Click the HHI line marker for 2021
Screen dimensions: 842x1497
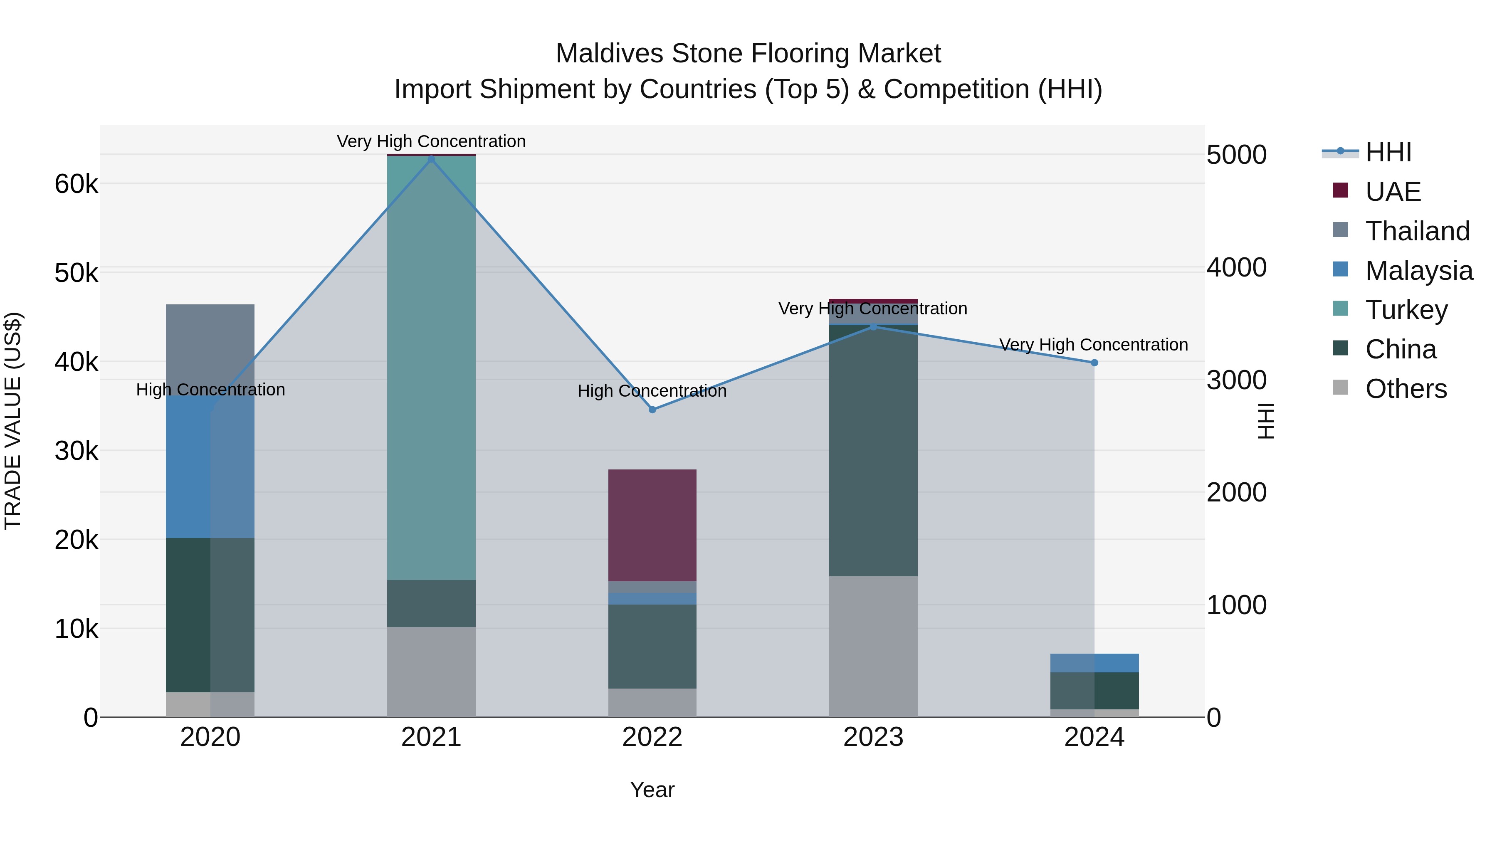pos(431,159)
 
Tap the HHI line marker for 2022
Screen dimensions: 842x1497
pos(652,410)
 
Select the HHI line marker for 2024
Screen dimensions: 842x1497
pos(1094,363)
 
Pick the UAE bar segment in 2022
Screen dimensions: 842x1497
pos(652,525)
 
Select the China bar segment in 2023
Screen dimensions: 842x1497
pos(873,450)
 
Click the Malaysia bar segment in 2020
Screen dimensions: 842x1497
pos(210,467)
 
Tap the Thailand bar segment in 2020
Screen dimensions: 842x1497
pos(210,349)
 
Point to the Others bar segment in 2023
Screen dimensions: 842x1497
pos(873,646)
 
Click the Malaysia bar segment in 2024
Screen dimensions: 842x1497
pos(1094,662)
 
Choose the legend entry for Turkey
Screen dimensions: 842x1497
pos(1406,310)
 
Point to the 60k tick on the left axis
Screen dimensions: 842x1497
pos(76,184)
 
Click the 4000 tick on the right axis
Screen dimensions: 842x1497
pos(1237,267)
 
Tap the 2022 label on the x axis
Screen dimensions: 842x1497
pos(652,737)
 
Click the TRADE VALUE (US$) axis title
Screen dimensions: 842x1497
pos(13,421)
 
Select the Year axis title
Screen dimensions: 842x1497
pos(652,790)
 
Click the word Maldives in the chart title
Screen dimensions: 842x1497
pos(610,54)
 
